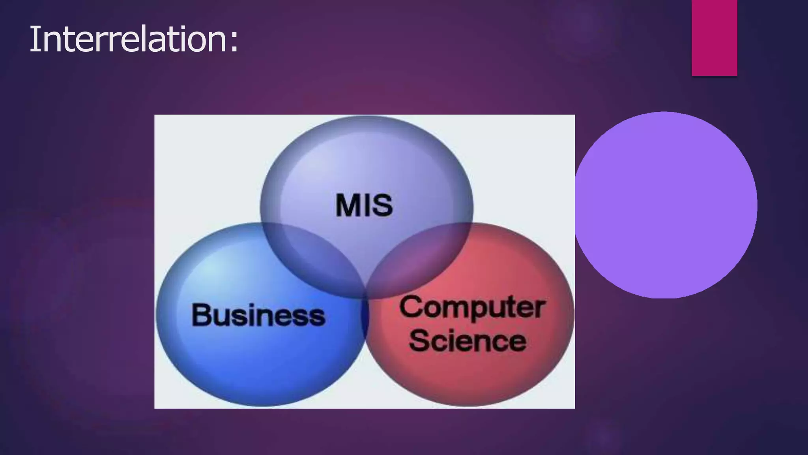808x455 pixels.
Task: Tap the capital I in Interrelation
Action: coord(33,39)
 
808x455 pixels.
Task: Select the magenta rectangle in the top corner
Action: coord(714,38)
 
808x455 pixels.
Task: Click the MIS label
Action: coord(364,205)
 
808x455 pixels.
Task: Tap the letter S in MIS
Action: coord(382,205)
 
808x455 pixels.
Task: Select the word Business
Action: coord(258,315)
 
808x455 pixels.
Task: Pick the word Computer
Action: coord(472,307)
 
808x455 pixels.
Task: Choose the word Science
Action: coord(468,340)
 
